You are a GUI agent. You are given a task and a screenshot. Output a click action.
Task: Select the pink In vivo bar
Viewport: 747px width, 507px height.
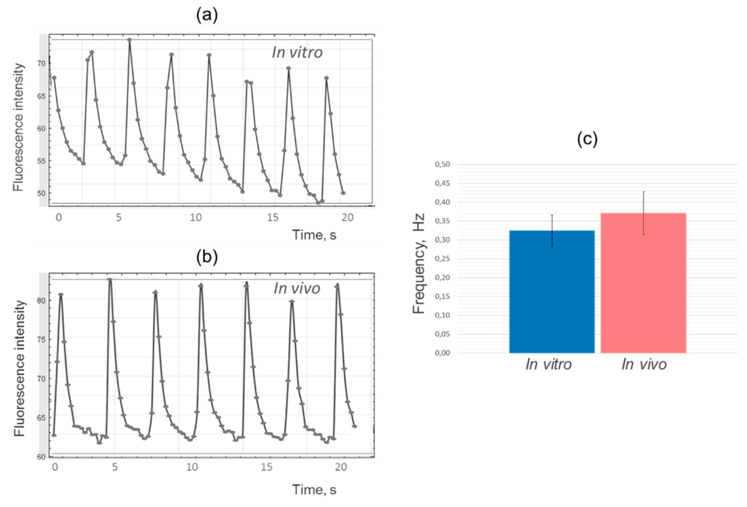[643, 283]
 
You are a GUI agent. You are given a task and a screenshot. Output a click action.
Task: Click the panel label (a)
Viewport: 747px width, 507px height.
[207, 15]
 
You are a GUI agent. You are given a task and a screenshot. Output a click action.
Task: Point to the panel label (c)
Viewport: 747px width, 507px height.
[587, 139]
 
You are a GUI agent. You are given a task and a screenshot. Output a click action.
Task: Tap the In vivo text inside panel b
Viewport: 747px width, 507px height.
[297, 288]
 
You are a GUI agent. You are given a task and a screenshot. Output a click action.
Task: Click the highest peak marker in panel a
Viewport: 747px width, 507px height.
[129, 40]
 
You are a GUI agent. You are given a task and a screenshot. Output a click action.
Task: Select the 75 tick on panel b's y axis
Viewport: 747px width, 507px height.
[42, 339]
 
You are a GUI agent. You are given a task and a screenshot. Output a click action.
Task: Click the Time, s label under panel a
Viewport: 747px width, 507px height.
[314, 235]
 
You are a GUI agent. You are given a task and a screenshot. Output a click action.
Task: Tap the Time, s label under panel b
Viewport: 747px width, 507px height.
[314, 490]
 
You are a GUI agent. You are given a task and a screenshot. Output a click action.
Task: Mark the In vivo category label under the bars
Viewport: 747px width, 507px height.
[644, 364]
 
